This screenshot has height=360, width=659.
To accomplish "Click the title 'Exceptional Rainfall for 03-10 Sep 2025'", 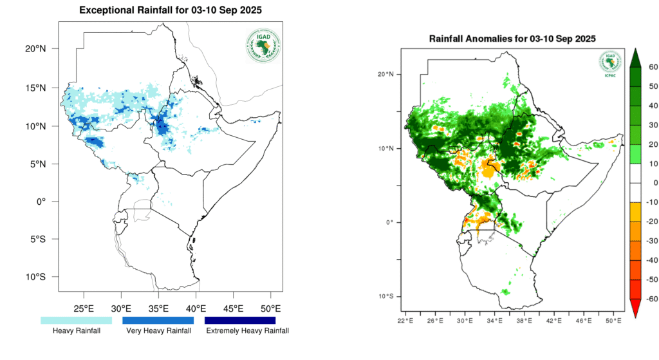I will click(x=170, y=10).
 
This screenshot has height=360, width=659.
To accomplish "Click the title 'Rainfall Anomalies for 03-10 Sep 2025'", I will click(x=512, y=39).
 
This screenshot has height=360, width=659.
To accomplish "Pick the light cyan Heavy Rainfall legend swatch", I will click(x=76, y=320).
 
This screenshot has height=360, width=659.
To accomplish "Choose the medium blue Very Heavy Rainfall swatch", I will click(x=158, y=320).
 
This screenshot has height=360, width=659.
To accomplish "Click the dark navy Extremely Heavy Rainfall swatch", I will click(x=239, y=320).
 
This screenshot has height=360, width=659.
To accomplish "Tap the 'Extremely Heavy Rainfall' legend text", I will click(x=247, y=331).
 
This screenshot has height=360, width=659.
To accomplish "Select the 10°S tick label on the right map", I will click(x=386, y=296).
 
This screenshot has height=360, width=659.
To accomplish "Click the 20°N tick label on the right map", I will click(x=386, y=74).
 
